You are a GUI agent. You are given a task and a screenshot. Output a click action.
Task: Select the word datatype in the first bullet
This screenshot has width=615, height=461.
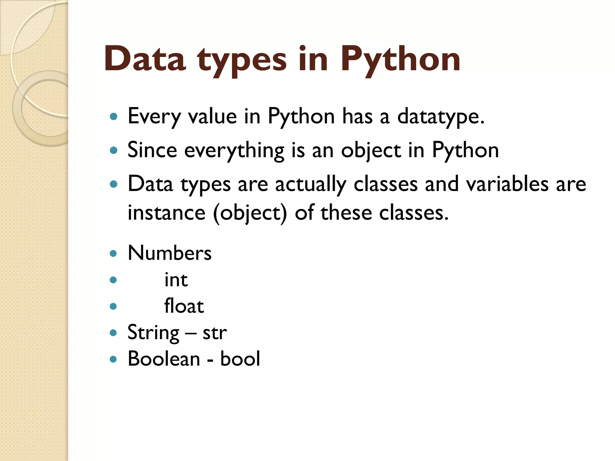tap(441, 116)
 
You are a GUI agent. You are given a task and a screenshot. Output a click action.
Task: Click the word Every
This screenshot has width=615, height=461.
tap(154, 116)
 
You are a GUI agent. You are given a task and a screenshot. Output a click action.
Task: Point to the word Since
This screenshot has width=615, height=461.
tap(152, 150)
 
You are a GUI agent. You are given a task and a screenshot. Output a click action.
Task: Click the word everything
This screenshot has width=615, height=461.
tap(234, 150)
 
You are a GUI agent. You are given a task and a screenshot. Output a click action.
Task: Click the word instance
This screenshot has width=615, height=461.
tap(167, 212)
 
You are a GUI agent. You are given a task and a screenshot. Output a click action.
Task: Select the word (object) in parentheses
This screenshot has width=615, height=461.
tap(250, 213)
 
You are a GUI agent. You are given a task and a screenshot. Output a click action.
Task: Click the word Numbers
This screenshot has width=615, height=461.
tap(170, 253)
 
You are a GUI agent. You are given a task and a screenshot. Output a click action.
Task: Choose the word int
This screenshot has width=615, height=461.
tap(176, 280)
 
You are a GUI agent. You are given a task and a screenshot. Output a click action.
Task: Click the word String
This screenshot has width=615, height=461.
tap(153, 333)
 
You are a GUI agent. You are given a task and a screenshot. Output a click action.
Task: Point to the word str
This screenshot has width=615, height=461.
tap(215, 333)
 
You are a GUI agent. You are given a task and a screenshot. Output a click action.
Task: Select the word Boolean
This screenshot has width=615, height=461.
tap(164, 359)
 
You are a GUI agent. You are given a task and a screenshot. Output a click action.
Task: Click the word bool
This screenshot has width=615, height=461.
tap(240, 359)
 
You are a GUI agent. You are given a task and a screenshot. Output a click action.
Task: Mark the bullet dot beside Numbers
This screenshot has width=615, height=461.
tap(113, 254)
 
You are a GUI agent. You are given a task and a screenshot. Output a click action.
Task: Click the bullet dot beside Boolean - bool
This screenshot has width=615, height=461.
tap(113, 359)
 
